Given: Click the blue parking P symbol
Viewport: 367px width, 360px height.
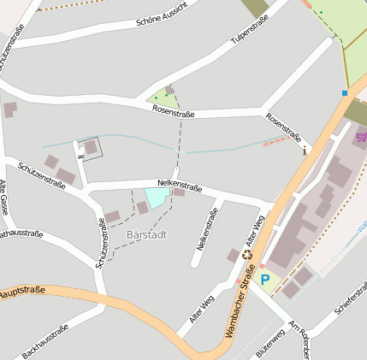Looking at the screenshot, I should click(264, 280).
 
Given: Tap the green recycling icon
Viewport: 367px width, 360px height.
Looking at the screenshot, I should click(247, 254).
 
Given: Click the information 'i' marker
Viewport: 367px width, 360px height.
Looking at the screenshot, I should click(304, 150).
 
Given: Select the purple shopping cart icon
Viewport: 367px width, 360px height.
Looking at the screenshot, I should click(361, 137).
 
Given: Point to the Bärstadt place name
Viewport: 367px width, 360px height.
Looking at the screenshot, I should click(146, 234).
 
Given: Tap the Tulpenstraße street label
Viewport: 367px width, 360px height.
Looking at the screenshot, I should click(249, 29).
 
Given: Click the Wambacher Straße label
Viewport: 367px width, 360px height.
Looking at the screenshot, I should click(241, 304).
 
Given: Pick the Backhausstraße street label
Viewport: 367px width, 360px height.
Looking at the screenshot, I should click(44, 341).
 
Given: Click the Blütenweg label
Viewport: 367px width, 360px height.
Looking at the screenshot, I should click(269, 343).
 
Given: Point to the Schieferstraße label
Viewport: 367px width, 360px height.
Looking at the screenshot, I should click(351, 298).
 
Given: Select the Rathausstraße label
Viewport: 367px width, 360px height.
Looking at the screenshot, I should click(18, 233).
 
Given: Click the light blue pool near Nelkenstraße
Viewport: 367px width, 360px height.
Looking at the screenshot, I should click(156, 198).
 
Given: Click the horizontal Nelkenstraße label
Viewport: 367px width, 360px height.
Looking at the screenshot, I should click(180, 184).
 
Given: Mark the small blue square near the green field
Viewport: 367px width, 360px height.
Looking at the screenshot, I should click(344, 92).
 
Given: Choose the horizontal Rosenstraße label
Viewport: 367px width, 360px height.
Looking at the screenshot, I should click(173, 112).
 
